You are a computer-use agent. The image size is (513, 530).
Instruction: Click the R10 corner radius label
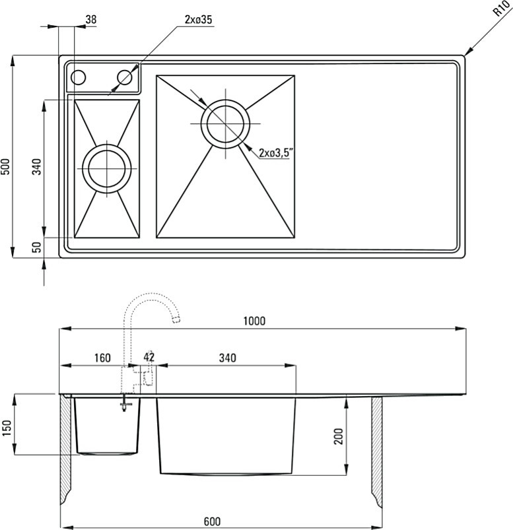click(501, 9)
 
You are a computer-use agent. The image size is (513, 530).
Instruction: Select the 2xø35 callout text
click(198, 20)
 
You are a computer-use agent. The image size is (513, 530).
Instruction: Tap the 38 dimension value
click(90, 19)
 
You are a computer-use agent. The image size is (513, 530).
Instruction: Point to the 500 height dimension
click(7, 166)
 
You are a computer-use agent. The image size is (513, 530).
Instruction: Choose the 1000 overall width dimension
click(254, 321)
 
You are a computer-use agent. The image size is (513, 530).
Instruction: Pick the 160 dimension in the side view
click(102, 358)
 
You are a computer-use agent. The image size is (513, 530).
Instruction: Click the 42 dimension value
click(149, 357)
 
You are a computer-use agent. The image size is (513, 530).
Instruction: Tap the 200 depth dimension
click(338, 436)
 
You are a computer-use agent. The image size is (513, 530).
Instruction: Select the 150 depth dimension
click(7, 428)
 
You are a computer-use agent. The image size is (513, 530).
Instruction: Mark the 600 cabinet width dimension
click(212, 521)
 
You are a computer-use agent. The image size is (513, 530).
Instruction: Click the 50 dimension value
click(38, 247)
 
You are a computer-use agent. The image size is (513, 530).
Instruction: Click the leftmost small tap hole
click(78, 77)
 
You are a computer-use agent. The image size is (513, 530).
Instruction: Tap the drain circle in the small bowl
click(107, 168)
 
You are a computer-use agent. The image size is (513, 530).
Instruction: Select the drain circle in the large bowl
click(225, 123)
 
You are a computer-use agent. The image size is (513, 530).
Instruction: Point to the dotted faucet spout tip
click(176, 319)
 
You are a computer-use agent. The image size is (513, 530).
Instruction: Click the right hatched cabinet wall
click(378, 450)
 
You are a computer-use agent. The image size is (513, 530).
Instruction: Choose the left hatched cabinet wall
click(65, 450)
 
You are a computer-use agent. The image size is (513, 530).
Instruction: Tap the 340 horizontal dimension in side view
click(227, 358)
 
